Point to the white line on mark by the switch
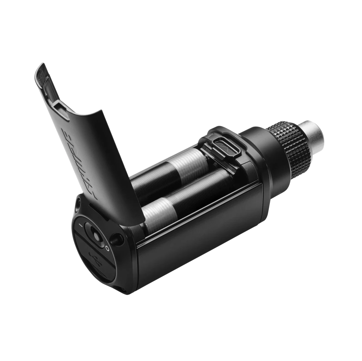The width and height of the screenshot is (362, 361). (x=80, y=226)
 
